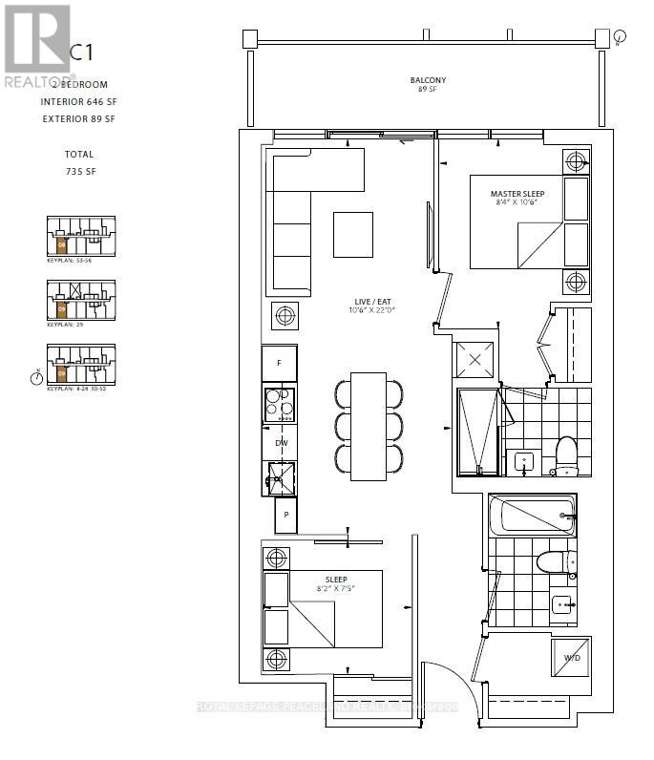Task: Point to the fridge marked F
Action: tap(279, 363)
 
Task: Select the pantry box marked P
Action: tap(285, 516)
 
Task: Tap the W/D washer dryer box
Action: tap(571, 657)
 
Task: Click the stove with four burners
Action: tap(280, 405)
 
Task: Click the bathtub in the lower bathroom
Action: tap(531, 516)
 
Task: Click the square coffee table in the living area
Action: tap(352, 234)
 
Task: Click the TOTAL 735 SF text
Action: tap(80, 162)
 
